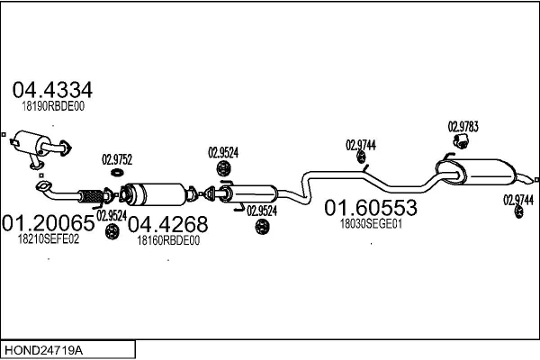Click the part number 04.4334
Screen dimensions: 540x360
(x=52, y=90)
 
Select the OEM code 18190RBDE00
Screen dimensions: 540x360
(x=53, y=106)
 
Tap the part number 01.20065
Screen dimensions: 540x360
(x=48, y=223)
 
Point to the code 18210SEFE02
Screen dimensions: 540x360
(x=49, y=238)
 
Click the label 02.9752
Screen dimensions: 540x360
(x=117, y=160)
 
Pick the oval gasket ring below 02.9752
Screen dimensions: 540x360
(x=118, y=172)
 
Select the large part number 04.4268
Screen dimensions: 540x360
(x=167, y=224)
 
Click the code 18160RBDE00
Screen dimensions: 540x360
(x=168, y=240)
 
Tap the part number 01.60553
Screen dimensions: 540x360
(x=371, y=208)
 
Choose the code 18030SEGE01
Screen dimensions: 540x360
(x=371, y=224)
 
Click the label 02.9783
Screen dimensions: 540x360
(x=463, y=127)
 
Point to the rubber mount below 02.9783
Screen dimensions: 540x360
(x=461, y=141)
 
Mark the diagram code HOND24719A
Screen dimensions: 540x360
(x=43, y=350)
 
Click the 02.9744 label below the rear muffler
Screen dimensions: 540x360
(x=518, y=200)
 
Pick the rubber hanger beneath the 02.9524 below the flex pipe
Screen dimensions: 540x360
(x=112, y=231)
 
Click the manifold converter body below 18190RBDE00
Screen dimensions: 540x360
(x=31, y=143)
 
